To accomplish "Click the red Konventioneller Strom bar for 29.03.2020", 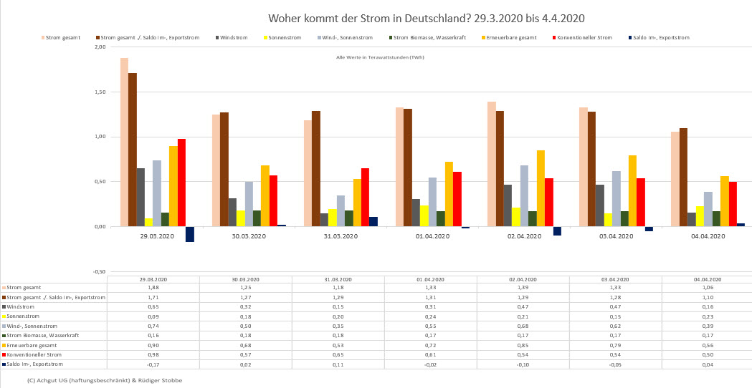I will pyautogui.click(x=181, y=183).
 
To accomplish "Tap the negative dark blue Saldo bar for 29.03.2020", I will pyautogui.click(x=190, y=234).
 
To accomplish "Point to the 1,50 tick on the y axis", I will pyautogui.click(x=100, y=92).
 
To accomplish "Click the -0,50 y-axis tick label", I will pyautogui.click(x=99, y=272).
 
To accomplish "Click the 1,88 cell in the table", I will pyautogui.click(x=153, y=288).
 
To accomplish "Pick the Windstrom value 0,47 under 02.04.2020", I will pyautogui.click(x=523, y=306).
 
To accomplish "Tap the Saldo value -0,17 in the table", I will pyautogui.click(x=153, y=364).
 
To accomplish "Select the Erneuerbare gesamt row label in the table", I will pyautogui.click(x=32, y=345).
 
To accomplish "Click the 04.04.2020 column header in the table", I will pyautogui.click(x=707, y=279).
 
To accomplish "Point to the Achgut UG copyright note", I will pyautogui.click(x=105, y=380).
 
